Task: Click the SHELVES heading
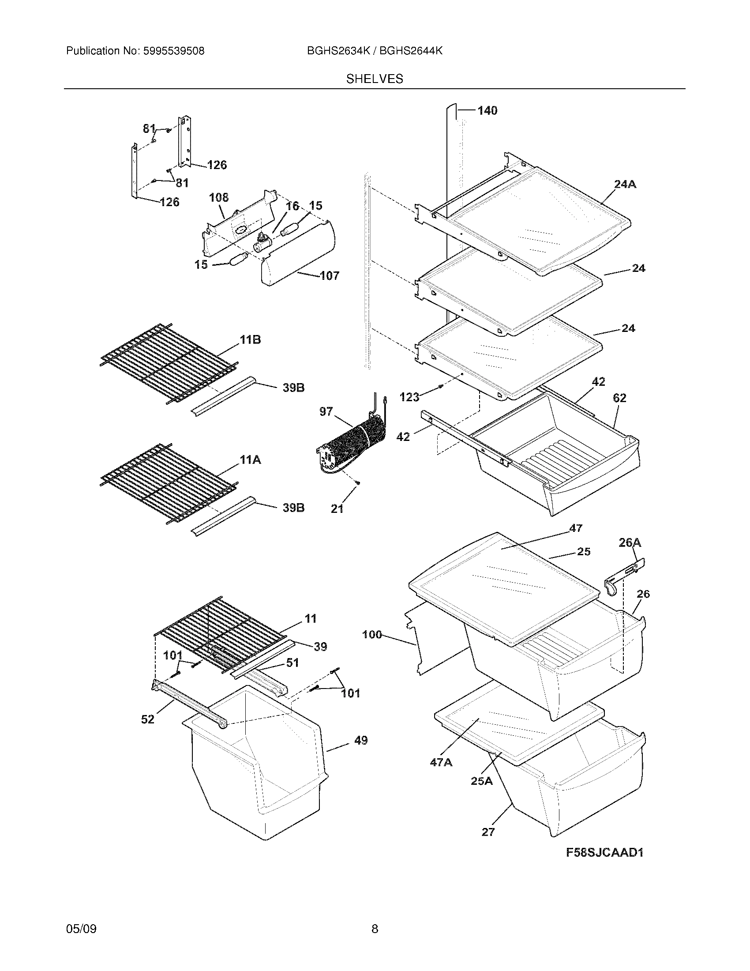point(375,79)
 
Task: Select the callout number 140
point(487,111)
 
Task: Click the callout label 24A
point(625,184)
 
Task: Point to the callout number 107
point(329,276)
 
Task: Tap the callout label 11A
point(250,460)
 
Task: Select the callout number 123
point(409,397)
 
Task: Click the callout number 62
point(619,398)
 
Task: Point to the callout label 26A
point(630,542)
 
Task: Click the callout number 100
point(372,634)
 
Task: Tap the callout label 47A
point(441,763)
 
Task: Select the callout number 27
point(488,832)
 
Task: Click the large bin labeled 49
point(258,769)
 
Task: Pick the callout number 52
point(147,719)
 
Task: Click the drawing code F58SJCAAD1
point(605,852)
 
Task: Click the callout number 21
point(337,508)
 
